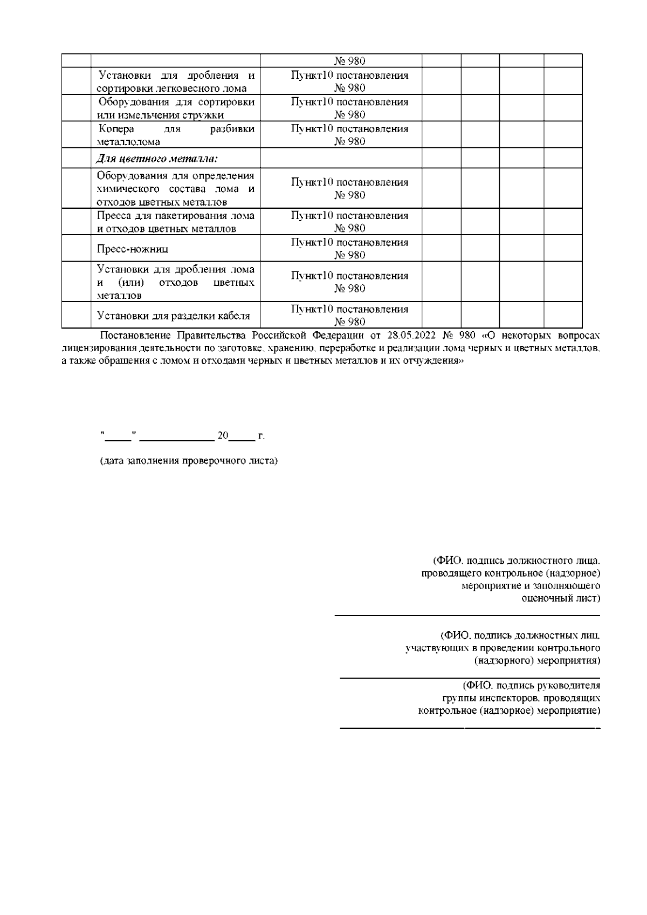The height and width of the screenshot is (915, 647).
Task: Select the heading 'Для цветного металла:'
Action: click(x=157, y=159)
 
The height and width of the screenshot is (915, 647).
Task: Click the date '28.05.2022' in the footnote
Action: click(x=411, y=336)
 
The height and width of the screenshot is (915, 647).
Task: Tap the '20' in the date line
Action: click(x=222, y=435)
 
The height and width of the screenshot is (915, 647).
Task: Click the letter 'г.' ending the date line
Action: click(x=261, y=435)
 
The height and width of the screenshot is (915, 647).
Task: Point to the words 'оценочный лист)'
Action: click(x=561, y=598)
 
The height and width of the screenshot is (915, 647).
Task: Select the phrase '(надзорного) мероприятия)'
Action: click(x=537, y=660)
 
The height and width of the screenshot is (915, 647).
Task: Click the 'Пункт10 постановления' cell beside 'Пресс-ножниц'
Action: click(x=349, y=249)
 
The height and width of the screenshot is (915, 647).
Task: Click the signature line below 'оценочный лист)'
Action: click(x=467, y=615)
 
